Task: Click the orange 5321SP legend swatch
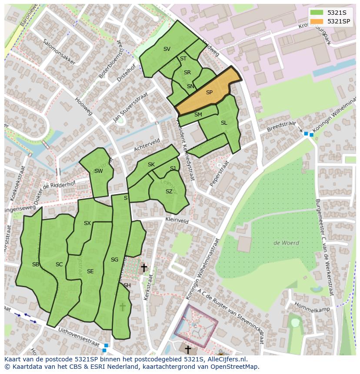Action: coord(317,21)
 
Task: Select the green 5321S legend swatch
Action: coord(317,13)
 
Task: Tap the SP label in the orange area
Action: coord(209,93)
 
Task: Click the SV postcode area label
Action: coord(167,49)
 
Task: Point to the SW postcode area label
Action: coord(99,171)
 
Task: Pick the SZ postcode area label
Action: coord(169,192)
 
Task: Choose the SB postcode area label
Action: coord(36,264)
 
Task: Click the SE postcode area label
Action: coord(90,271)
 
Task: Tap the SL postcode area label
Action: coord(224,123)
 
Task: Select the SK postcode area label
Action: coord(151,165)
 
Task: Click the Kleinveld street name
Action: coord(177,221)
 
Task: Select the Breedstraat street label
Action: coord(281,126)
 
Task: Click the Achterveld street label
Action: coord(147,146)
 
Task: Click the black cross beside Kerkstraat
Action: coord(143,268)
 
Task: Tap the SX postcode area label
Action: coord(87,223)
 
